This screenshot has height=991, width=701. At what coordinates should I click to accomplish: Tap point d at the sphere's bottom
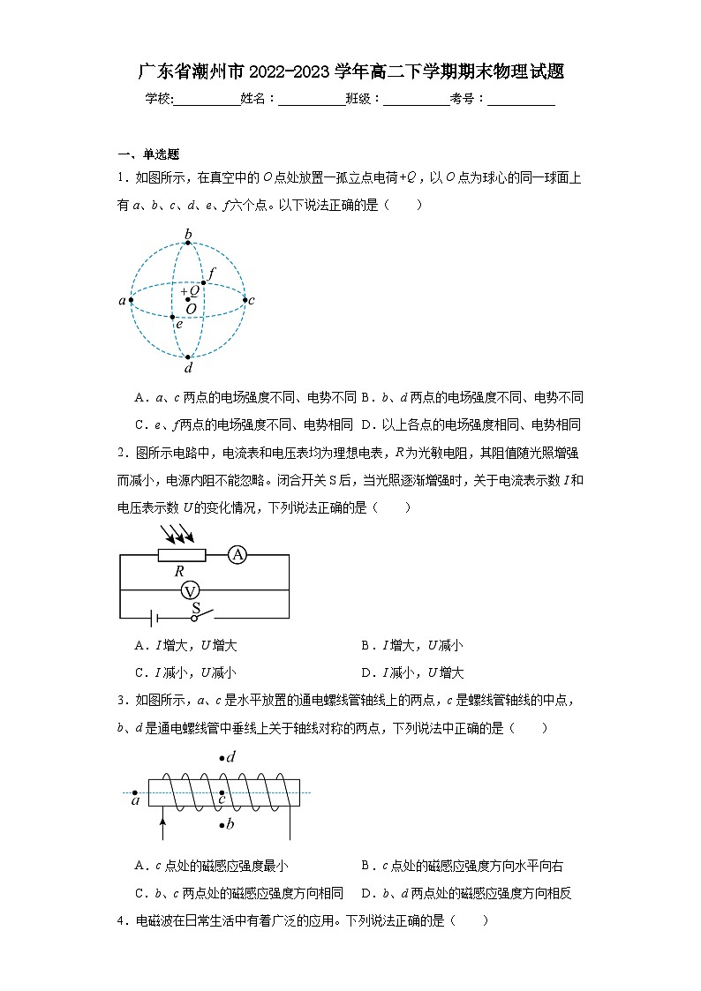(188, 357)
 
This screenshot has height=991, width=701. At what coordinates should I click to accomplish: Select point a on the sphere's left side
(131, 300)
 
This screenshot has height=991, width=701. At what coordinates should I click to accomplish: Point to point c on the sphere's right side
(245, 300)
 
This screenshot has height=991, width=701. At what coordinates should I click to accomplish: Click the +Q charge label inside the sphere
(190, 289)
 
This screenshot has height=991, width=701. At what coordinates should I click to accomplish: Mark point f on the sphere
(204, 282)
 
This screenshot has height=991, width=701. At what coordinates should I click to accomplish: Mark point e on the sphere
(173, 316)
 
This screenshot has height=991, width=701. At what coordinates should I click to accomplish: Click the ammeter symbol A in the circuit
(237, 554)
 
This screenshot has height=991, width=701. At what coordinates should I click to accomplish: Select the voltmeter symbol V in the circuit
(187, 589)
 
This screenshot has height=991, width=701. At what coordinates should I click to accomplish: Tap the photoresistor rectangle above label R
(182, 554)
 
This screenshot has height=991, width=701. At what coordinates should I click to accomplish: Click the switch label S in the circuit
(196, 607)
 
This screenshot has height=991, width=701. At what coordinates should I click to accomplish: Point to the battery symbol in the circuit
(153, 618)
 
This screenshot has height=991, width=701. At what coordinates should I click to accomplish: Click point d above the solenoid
(222, 758)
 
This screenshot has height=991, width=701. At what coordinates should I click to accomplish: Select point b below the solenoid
(222, 825)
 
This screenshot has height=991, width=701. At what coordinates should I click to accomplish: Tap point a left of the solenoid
(134, 792)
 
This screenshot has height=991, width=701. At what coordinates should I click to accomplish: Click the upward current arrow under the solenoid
(162, 828)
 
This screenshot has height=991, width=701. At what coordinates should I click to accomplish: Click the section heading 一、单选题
(148, 154)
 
